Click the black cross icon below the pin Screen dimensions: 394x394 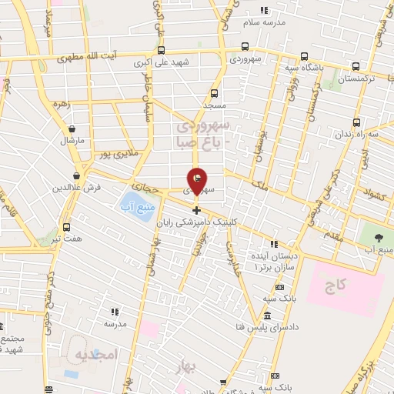click(197, 210)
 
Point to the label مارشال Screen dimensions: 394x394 click(73, 141)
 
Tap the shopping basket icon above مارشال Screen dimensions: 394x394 click(72, 129)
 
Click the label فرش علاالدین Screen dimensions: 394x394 click(73, 188)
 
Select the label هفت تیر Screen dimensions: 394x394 click(65, 239)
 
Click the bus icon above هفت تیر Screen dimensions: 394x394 click(66, 227)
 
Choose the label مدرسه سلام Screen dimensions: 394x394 click(264, 22)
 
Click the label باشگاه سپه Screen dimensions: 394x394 click(334, 68)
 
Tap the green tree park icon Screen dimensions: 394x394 click(379, 237)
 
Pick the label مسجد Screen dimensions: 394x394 click(213, 102)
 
